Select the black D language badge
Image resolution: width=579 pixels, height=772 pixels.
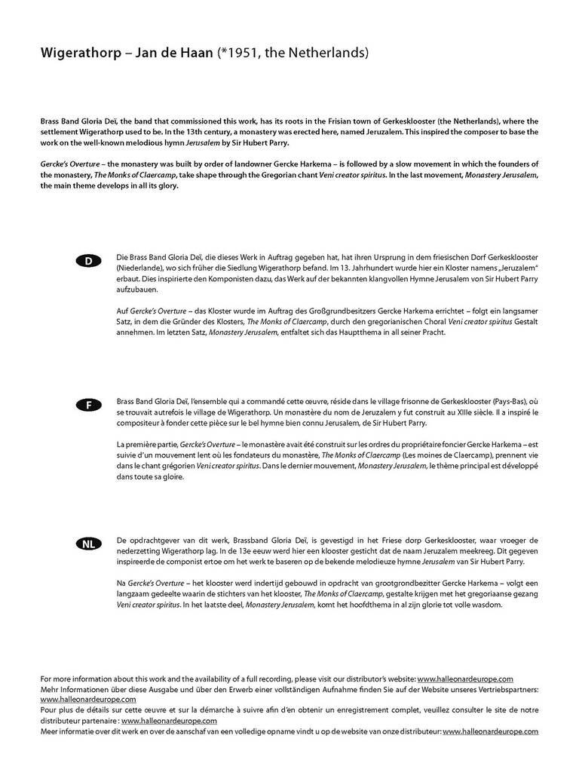[x=88, y=261]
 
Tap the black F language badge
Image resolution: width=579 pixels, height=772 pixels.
[x=88, y=405]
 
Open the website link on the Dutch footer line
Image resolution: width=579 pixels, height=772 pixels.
[x=490, y=731]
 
